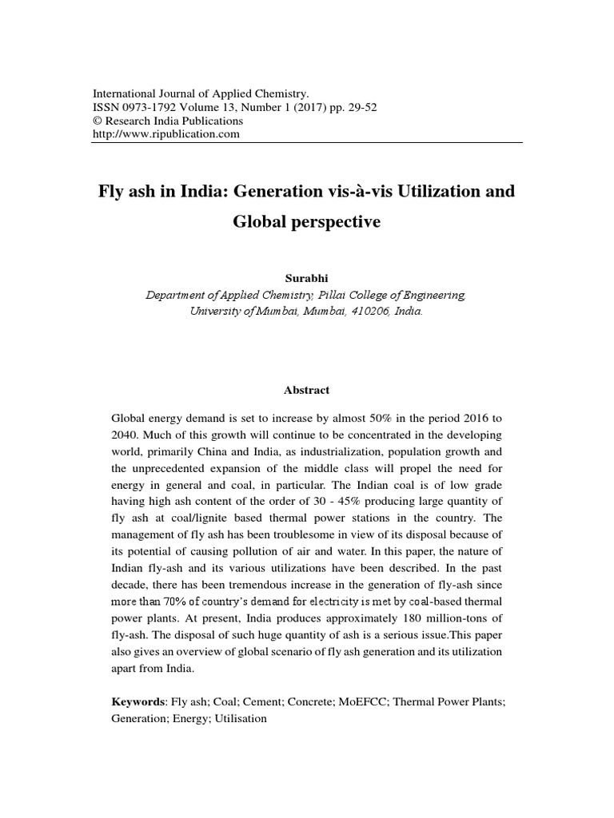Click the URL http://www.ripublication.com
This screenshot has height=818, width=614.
(x=167, y=134)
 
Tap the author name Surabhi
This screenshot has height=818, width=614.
(x=306, y=279)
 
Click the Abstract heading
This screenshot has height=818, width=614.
(x=306, y=390)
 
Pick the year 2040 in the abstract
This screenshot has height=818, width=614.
(x=127, y=435)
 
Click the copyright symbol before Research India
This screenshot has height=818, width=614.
(x=99, y=121)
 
